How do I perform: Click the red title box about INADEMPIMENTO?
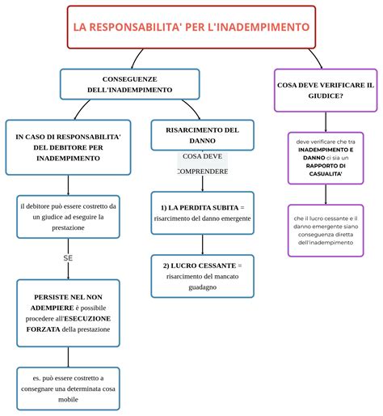tap(191, 27)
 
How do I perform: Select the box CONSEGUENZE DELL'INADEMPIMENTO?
tap(129, 83)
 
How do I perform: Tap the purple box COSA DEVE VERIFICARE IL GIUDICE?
tap(326, 90)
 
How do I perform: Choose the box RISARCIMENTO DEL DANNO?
tap(202, 135)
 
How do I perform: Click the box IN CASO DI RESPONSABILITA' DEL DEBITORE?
tap(69, 147)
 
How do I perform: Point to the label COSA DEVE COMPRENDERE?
tap(202, 163)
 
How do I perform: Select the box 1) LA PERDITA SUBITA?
tap(202, 213)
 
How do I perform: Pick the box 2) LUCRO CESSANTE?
tap(202, 276)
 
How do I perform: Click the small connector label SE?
tap(68, 257)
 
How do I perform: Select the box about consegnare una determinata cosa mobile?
tap(68, 388)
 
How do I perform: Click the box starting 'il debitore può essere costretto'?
tap(68, 217)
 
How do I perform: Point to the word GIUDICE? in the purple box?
tap(326, 96)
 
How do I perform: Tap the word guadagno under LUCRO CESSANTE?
tap(202, 287)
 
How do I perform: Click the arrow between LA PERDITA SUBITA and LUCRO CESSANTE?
tap(202, 244)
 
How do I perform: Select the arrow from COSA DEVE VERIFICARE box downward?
tap(326, 121)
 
